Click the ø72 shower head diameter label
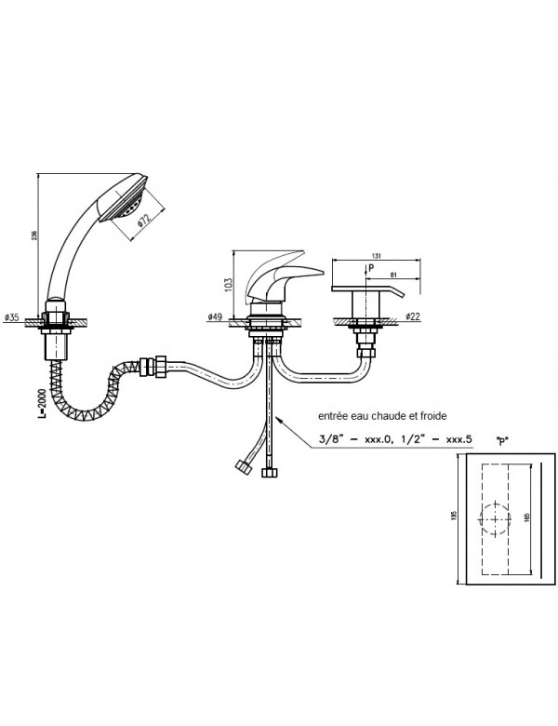pyautogui.click(x=146, y=222)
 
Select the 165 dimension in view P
pyautogui.click(x=526, y=518)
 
